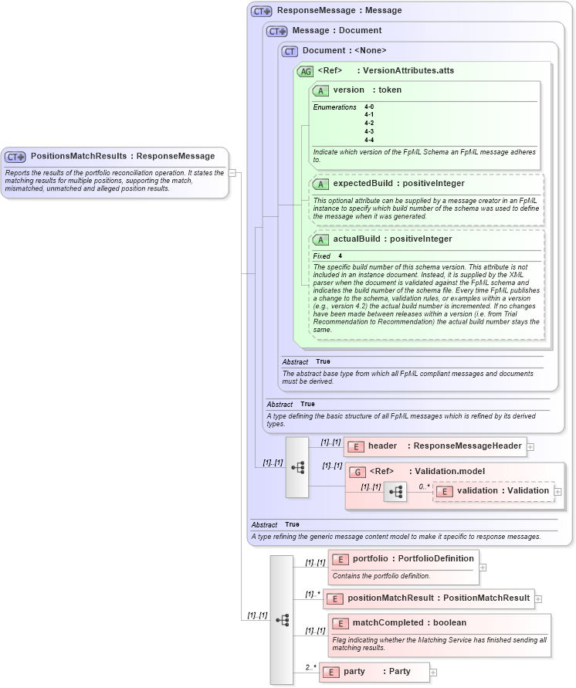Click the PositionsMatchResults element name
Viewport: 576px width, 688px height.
[78, 156]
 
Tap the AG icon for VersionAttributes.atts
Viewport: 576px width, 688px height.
[305, 71]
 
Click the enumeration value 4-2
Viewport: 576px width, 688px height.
[369, 124]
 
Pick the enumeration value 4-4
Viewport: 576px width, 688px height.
[369, 140]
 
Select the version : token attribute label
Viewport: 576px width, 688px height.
[368, 90]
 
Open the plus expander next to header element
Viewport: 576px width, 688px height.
[530, 446]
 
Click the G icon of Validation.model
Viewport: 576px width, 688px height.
[357, 472]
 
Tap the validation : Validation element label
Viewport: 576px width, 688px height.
[503, 491]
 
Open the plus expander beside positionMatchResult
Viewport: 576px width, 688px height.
[538, 598]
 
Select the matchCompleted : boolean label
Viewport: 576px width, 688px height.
[409, 623]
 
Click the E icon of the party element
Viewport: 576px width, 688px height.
[330, 672]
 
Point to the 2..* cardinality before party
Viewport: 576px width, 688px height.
[310, 666]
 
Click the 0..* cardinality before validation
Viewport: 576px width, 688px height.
[424, 486]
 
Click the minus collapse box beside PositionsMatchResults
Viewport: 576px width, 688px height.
[232, 173]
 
